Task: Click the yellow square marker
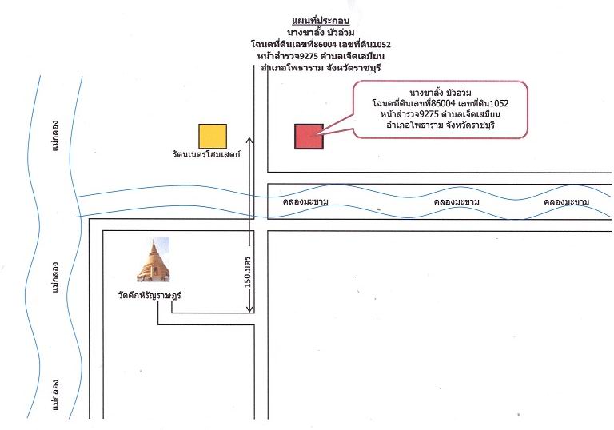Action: pyautogui.click(x=213, y=137)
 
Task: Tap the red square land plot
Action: pyautogui.click(x=309, y=137)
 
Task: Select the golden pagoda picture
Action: pyautogui.click(x=153, y=259)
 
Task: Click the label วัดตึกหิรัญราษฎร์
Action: pyautogui.click(x=150, y=295)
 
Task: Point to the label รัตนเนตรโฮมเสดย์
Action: pyautogui.click(x=206, y=154)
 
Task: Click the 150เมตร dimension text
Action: pyautogui.click(x=248, y=272)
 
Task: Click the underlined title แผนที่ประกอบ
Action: pyautogui.click(x=321, y=21)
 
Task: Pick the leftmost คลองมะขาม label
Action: pyautogui.click(x=305, y=201)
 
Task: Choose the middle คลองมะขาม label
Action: pyautogui.click(x=457, y=202)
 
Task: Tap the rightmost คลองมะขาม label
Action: pyautogui.click(x=567, y=202)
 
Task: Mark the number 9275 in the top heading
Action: pyautogui.click(x=307, y=56)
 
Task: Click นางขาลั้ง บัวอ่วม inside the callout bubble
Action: pyautogui.click(x=441, y=93)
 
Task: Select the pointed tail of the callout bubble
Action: pyautogui.click(x=312, y=137)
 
